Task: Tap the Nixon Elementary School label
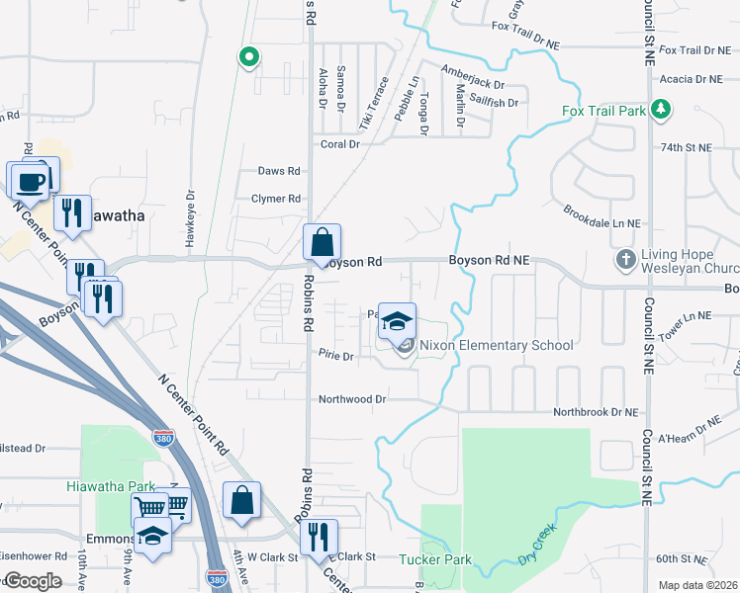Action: click(x=496, y=346)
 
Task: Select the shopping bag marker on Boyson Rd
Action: click(x=322, y=242)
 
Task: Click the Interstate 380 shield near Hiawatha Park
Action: click(x=162, y=437)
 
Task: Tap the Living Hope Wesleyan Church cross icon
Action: click(x=625, y=260)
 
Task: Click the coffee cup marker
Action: click(x=32, y=181)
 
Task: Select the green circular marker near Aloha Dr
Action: click(x=247, y=57)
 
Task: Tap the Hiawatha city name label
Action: click(x=112, y=215)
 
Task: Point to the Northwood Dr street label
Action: click(x=351, y=399)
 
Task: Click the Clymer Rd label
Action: click(x=276, y=199)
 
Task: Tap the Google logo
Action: click(x=33, y=581)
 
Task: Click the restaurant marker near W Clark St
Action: click(x=319, y=537)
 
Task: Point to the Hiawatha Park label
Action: click(x=112, y=486)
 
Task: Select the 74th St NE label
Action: click(x=686, y=147)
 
